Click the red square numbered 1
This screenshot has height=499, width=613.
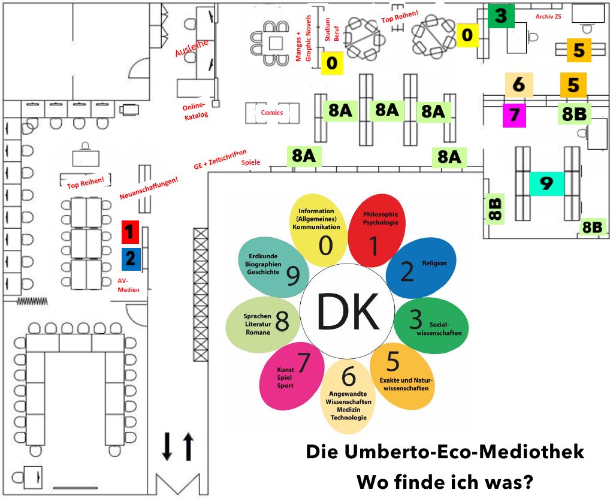130,232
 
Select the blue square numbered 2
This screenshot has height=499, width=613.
131,259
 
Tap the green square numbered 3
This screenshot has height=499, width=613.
501,16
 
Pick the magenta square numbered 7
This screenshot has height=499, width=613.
514,115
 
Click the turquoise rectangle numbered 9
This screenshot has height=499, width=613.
546,183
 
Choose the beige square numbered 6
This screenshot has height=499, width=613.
519,84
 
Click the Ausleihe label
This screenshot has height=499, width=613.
192,48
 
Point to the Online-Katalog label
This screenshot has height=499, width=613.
195,111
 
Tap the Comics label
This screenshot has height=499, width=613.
271,113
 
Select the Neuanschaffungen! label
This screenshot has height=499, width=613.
149,187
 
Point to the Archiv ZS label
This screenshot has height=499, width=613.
548,16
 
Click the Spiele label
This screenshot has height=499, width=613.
250,162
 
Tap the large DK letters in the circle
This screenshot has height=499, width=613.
348,312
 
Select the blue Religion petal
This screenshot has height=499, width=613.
421,268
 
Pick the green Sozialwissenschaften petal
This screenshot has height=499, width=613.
431,325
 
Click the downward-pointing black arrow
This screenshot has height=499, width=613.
167,446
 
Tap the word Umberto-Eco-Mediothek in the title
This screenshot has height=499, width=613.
464,452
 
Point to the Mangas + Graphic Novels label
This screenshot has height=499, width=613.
303,38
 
